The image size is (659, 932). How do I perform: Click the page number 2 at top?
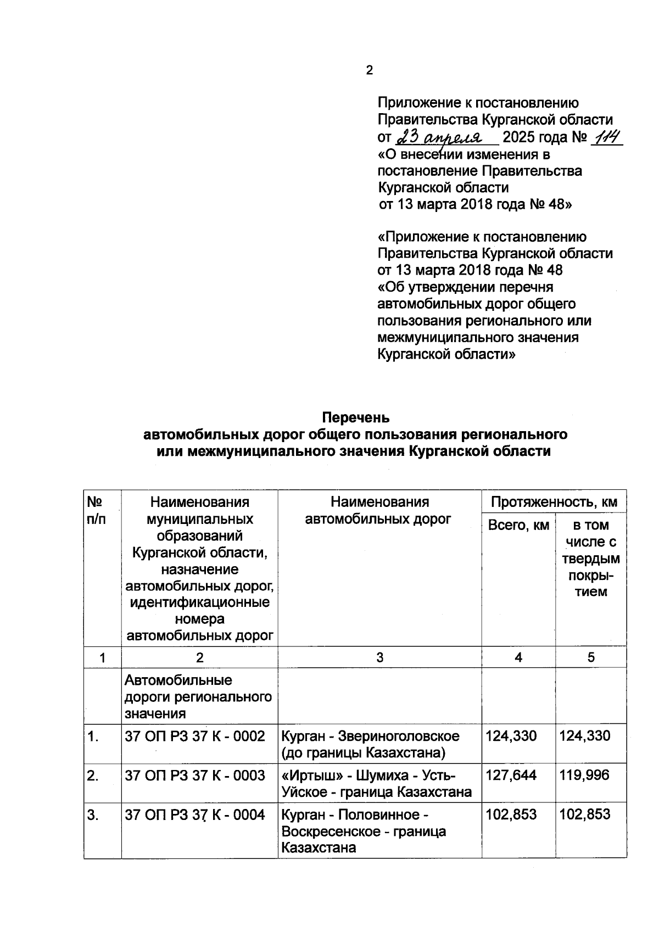pyautogui.click(x=369, y=70)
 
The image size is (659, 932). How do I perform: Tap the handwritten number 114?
pyautogui.click(x=606, y=136)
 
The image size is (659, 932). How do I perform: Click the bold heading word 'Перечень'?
pyautogui.click(x=356, y=417)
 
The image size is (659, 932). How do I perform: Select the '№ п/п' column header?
pyautogui.click(x=96, y=510)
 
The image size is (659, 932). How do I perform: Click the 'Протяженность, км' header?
pyautogui.click(x=554, y=501)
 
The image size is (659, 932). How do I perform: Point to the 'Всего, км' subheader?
pyautogui.click(x=518, y=525)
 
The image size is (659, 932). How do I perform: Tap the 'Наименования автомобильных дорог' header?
pyautogui.click(x=379, y=510)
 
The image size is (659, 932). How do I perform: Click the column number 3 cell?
pyautogui.click(x=379, y=657)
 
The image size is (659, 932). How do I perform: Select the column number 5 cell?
pyautogui.click(x=591, y=657)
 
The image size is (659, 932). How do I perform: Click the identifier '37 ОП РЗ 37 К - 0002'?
pyautogui.click(x=195, y=736)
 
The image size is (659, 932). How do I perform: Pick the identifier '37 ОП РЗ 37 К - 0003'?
pyautogui.click(x=195, y=775)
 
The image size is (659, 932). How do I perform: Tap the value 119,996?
pyautogui.click(x=585, y=775)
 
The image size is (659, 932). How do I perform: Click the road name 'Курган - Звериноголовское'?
pyautogui.click(x=370, y=736)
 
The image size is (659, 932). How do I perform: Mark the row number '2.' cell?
pyautogui.click(x=93, y=775)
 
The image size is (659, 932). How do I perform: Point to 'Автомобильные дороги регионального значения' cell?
pyautogui.click(x=198, y=696)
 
